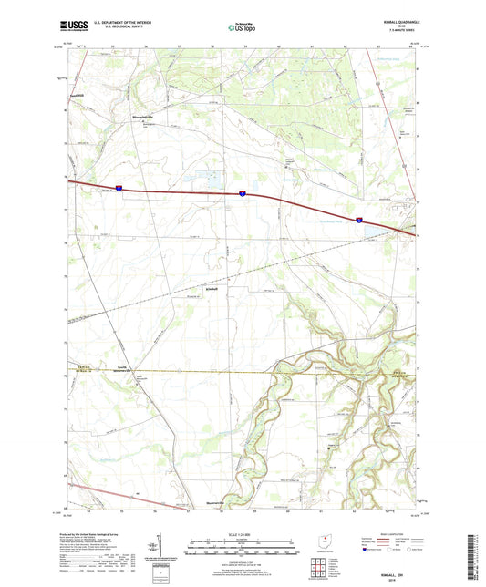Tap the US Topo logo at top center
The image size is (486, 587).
243,27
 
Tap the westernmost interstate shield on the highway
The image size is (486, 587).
119,187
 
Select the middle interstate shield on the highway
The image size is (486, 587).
243,193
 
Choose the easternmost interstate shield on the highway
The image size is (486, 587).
360,220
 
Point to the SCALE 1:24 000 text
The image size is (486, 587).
242,533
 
